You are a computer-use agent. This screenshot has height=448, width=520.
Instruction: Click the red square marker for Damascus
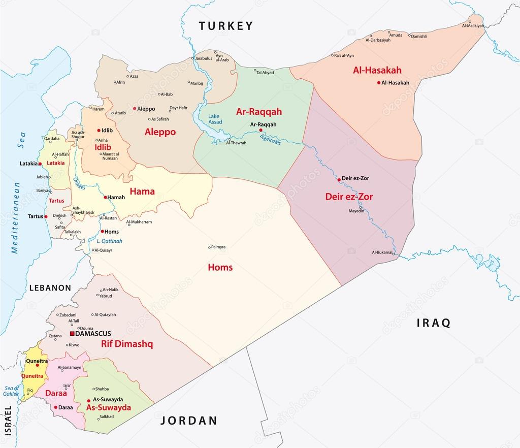[x=72, y=334]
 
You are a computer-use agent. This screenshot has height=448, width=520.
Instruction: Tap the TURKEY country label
[x=225, y=26]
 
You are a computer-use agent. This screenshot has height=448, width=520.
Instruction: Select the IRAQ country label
[x=433, y=323]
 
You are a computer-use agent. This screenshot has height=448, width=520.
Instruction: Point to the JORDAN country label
[x=189, y=421]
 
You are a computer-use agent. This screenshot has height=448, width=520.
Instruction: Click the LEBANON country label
[x=50, y=288]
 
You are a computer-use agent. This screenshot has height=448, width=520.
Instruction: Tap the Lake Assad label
[x=215, y=119]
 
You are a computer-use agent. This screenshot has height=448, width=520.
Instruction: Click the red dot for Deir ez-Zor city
[x=339, y=179]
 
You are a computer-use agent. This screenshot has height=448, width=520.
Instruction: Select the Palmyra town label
[x=219, y=247]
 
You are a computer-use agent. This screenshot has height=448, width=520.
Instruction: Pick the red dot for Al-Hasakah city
[x=379, y=83]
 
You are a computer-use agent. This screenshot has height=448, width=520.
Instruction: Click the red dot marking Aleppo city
[x=135, y=109]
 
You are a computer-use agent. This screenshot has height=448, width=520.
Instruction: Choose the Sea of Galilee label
[x=11, y=391]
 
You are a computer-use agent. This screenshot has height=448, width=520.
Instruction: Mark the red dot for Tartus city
[x=46, y=216]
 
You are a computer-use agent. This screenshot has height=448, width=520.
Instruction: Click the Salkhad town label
[x=107, y=417]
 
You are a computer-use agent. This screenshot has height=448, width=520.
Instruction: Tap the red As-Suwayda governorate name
[x=109, y=407]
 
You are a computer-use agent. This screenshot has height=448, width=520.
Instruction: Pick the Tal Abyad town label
[x=265, y=73]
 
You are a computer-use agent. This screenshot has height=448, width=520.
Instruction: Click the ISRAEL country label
[x=7, y=421]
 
